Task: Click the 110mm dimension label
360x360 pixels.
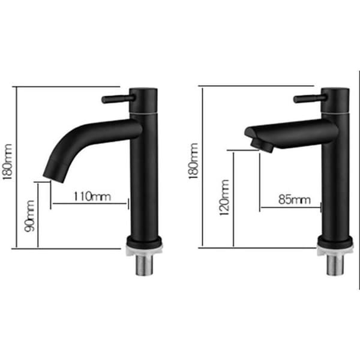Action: (x=92, y=196)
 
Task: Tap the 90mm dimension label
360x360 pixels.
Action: (x=29, y=216)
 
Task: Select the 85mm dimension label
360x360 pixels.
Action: (x=295, y=200)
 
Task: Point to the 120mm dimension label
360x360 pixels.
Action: (x=224, y=197)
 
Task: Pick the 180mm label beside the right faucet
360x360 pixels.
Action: (x=193, y=161)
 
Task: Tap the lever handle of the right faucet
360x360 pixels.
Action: (x=310, y=99)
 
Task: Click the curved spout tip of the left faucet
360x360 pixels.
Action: (x=53, y=177)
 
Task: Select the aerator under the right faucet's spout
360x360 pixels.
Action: (x=262, y=146)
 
